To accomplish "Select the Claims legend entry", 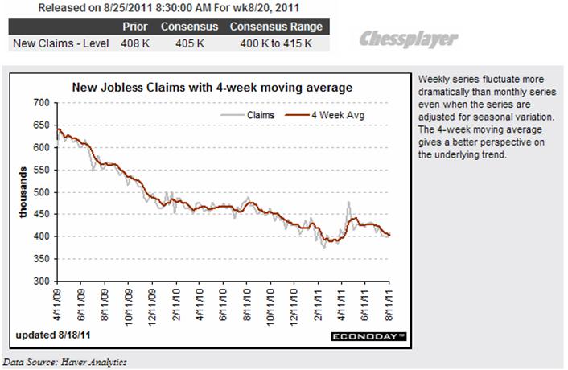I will click(x=257, y=115).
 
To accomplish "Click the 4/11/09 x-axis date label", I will click(x=57, y=304).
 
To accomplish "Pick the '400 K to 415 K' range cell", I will click(x=275, y=42).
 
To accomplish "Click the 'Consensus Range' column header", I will click(x=275, y=26).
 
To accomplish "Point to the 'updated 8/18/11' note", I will click(x=52, y=335).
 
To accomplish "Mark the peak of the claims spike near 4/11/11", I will click(x=349, y=202).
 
